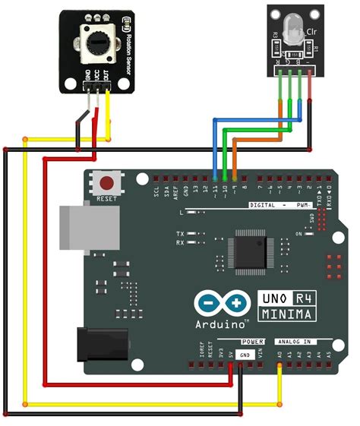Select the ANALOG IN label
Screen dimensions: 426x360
pos(298,342)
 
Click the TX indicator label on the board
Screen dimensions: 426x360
pos(179,232)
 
